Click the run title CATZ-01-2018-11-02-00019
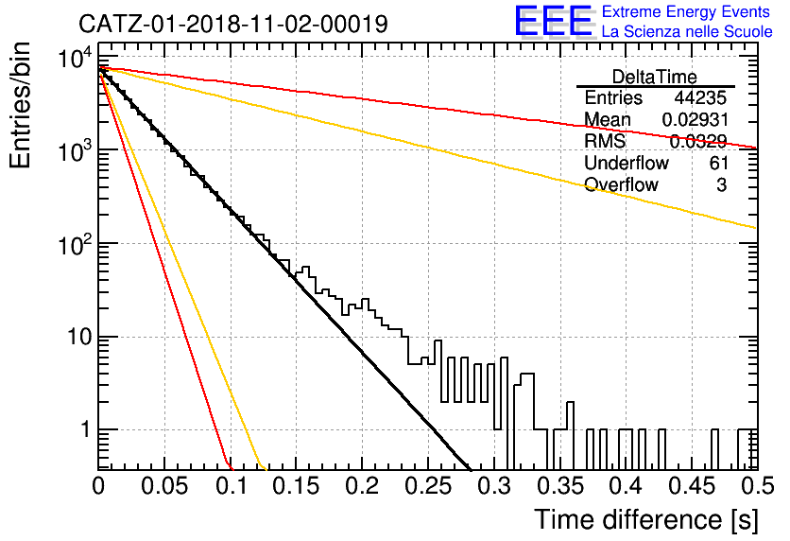pos(233,25)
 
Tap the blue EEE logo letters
pos(553,21)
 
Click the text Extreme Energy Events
pos(686,11)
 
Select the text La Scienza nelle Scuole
pos(687,32)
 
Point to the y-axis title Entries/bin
pos(21,106)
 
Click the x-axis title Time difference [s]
pos(646,520)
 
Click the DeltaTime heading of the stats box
pos(655,77)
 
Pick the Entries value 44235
pos(700,97)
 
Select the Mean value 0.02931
pos(695,119)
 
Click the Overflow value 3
pos(721,185)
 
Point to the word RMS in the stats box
pos(605,141)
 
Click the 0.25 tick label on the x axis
pos(428,486)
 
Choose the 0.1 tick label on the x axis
pos(232,486)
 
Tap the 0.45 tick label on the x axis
pos(693,486)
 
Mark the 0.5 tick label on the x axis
pos(758,486)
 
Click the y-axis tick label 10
pos(80,337)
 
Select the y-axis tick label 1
pos(85,429)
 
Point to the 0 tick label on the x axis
pos(98,486)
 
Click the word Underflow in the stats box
pos(627,163)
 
